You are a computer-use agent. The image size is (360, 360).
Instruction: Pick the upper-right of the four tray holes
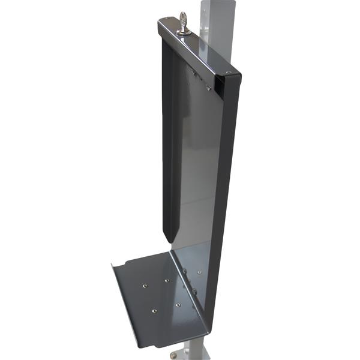click(167, 280)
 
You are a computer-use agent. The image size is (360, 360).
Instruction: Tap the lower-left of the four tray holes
click(154, 311)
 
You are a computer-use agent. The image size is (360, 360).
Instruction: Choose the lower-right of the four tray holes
click(178, 305)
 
